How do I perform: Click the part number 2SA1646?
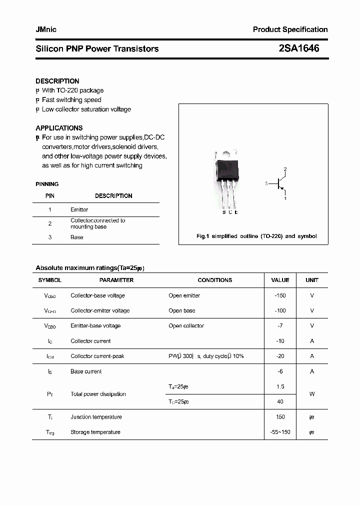click(298, 48)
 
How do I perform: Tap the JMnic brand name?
click(46, 29)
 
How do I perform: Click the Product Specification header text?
click(290, 29)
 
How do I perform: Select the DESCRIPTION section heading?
click(57, 81)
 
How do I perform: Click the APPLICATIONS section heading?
click(59, 128)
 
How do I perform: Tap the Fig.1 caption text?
click(256, 236)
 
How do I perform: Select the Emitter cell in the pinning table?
click(79, 209)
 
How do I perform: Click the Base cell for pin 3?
click(77, 237)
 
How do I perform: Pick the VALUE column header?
click(280, 280)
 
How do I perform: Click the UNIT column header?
click(311, 280)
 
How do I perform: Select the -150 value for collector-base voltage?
click(280, 295)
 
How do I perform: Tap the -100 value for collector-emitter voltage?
click(280, 310)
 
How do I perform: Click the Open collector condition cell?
click(186, 325)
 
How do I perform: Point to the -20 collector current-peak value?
click(280, 356)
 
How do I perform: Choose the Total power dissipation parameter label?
click(98, 394)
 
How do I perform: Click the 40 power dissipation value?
click(280, 401)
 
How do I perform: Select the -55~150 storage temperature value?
click(280, 432)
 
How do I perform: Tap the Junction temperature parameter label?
click(96, 417)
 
